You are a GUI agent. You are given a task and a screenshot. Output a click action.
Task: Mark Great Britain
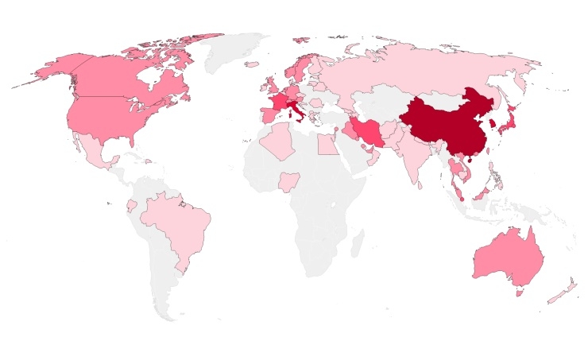(x=271, y=85)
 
